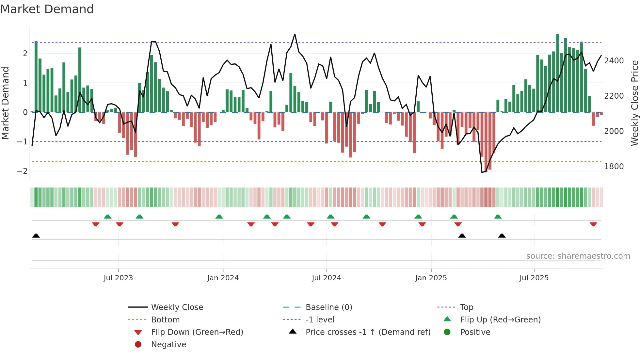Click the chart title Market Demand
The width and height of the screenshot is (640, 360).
47,9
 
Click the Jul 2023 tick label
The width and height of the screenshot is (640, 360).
118,278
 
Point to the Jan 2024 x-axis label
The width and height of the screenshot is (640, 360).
223,278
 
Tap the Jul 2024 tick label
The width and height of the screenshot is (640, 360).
327,278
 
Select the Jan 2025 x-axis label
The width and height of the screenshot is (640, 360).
431,278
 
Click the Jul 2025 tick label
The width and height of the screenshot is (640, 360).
534,278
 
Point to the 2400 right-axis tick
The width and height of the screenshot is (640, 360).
614,61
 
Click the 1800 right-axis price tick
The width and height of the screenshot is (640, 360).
614,167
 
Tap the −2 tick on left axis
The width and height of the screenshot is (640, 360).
22,171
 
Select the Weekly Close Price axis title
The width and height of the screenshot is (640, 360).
634,103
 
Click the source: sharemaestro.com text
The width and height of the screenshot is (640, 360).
578,256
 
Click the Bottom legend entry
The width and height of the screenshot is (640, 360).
165,320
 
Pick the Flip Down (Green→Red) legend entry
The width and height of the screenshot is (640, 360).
197,332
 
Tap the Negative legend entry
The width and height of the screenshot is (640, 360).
168,345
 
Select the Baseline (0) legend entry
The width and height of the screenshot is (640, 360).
329,307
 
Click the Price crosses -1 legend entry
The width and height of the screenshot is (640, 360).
368,332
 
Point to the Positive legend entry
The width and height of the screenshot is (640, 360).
475,332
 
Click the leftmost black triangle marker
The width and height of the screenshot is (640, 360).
36,236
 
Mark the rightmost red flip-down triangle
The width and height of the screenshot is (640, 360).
593,224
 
